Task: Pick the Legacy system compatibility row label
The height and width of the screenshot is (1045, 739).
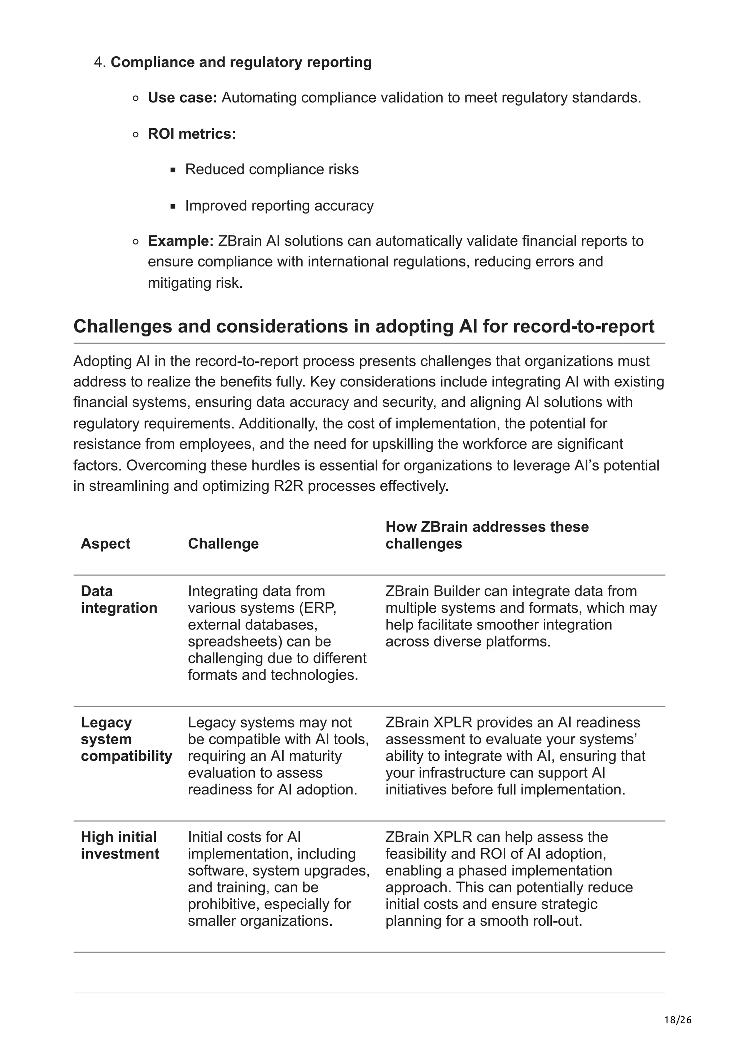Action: tap(126, 739)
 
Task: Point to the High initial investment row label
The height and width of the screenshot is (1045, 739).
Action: tap(120, 845)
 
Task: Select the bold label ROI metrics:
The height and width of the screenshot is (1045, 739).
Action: tap(192, 134)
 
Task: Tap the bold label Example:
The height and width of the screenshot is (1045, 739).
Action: tap(181, 241)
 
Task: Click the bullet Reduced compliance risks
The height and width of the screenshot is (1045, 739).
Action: tap(272, 169)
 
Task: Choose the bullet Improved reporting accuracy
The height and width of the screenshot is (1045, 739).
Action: tap(279, 206)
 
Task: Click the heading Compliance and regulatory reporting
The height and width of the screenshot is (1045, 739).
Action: tap(241, 62)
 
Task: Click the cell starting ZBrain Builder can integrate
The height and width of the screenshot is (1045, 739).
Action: tap(521, 616)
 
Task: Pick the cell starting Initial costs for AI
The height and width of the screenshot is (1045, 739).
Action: tap(278, 879)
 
